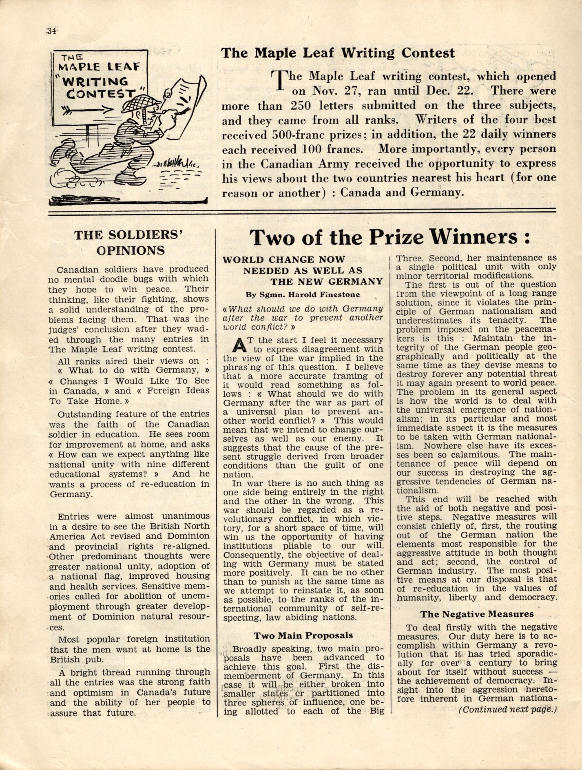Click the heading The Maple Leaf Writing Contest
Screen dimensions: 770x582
pyautogui.click(x=337, y=53)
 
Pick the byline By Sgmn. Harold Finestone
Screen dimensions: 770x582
pyautogui.click(x=303, y=294)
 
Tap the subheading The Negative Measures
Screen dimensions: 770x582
pyautogui.click(x=477, y=614)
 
